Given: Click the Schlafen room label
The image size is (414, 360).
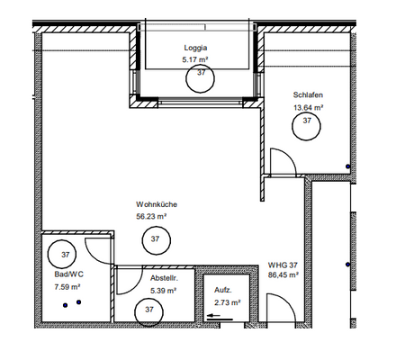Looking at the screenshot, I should tap(307, 95).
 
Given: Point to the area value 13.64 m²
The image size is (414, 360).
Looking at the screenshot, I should tap(307, 106).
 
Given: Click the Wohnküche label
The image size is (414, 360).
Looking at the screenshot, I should tap(157, 204).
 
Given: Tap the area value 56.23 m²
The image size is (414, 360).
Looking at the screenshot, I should tap(152, 217).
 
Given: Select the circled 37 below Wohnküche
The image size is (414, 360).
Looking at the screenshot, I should tap(155, 239).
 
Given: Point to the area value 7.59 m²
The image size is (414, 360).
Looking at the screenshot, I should tap(67, 288).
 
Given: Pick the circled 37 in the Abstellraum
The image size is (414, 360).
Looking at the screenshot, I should tap(147, 310).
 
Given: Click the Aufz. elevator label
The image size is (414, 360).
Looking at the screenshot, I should tap(222, 291).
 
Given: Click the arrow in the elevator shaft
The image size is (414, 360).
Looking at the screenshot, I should tap(215, 315).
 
